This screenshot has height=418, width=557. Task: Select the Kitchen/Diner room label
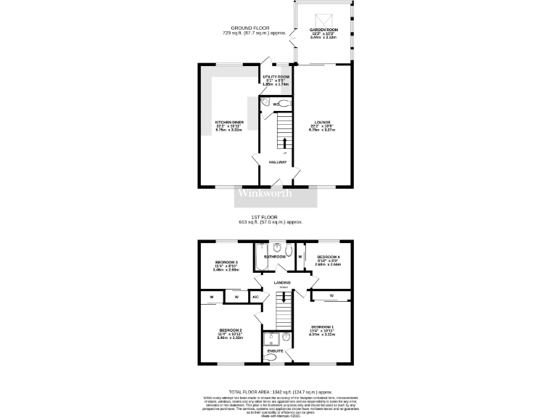point(228,125)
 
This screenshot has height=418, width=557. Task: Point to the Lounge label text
point(323,125)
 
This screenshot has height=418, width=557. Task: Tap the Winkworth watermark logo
point(265,193)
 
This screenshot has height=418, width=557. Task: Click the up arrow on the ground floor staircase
point(284,142)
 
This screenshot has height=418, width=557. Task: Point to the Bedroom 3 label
point(226,264)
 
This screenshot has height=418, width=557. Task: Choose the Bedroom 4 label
point(328,260)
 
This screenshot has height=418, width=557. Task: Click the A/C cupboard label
point(255,296)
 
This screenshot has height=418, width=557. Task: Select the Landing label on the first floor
point(282,282)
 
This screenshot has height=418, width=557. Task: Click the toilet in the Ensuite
point(288,340)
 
